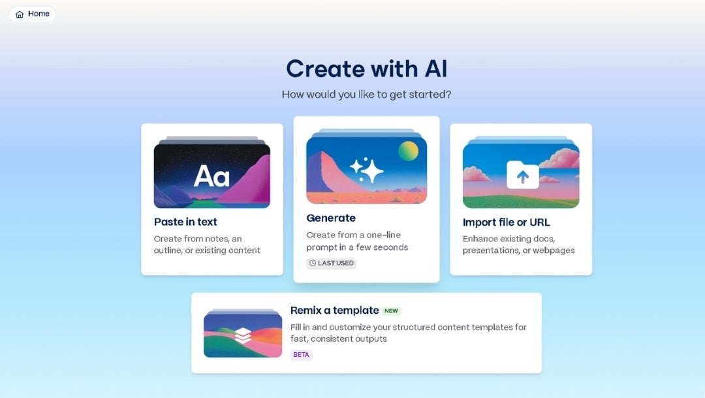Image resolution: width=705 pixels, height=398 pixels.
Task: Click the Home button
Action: coord(32,14)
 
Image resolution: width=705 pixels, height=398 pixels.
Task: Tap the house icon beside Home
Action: coord(20,14)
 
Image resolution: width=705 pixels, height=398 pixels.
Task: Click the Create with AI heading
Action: coord(366,69)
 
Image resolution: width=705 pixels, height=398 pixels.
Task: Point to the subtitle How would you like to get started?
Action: coord(366,95)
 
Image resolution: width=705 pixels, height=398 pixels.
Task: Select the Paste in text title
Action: coord(185,222)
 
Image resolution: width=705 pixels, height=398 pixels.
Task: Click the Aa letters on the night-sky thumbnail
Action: coord(211,176)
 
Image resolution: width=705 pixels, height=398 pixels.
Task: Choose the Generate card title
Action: coord(331,218)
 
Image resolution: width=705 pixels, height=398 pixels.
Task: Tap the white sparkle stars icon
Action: coord(366,170)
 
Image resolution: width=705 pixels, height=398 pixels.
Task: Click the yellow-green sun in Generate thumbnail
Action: coord(409,151)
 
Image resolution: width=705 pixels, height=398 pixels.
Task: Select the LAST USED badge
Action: coord(332,263)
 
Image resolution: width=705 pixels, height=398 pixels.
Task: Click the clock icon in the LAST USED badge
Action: coord(313,263)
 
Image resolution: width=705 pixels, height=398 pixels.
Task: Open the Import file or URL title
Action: coord(506,222)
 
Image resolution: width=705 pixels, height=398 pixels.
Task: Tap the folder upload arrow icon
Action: coord(523,176)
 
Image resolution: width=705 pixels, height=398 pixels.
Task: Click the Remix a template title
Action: coord(334,311)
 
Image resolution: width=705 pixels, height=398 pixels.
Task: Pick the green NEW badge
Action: coord(391,311)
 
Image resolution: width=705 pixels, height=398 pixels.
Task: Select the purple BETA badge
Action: coord(301,355)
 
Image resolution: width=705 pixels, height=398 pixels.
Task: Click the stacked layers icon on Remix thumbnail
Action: coord(243,335)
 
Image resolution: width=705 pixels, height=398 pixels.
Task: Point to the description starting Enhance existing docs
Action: coord(518,245)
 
